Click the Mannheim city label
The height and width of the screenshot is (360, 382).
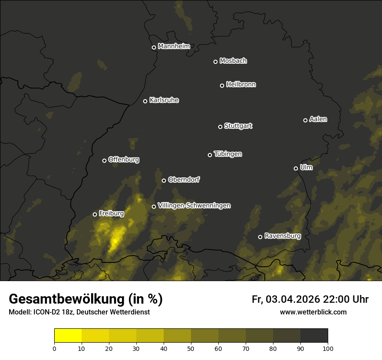pos(174,46)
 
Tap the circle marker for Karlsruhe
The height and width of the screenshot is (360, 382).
pos(145,101)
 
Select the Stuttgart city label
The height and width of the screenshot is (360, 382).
pos(238,126)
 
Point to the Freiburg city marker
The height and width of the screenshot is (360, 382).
pos(95,214)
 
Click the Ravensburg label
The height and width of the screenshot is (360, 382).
pos(282,236)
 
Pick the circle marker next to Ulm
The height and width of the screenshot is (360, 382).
pos(296,168)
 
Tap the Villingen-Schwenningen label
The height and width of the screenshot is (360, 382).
pos(194,206)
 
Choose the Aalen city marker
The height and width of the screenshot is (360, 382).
pos(306,120)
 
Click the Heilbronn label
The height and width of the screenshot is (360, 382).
pos(241,85)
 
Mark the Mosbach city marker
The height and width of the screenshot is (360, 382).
pos(215,62)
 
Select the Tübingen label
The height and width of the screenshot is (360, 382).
pos(228,154)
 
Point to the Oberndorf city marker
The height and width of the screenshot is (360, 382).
pos(164,180)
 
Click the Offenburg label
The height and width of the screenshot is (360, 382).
pos(124,160)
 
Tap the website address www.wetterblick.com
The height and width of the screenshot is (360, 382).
pos(313,312)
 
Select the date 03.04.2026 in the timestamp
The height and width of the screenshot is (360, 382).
pos(293,299)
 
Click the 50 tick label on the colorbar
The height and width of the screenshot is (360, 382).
pos(191,348)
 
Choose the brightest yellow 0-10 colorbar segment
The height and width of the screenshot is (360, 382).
pos(68,335)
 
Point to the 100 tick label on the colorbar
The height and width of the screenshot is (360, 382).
pos(328,348)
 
